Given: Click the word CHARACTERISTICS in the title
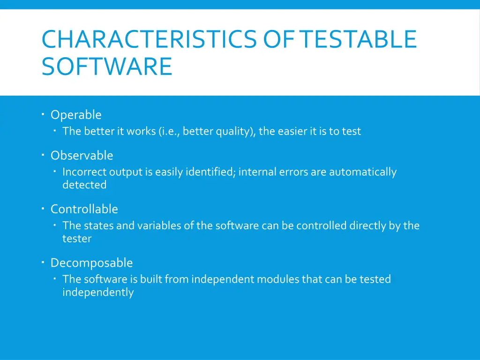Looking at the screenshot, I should point(150,39).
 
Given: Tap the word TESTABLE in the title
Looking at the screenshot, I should point(359,39).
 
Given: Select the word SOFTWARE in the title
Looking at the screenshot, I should point(107,66).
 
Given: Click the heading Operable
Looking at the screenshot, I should point(76,115).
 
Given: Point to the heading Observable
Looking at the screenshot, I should point(82,156).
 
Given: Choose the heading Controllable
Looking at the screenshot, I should point(84,209).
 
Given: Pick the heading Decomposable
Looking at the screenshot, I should point(91,263).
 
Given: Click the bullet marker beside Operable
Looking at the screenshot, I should point(43,114).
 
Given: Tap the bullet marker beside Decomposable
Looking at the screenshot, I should point(43,262).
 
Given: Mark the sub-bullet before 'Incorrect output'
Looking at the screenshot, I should point(55,172).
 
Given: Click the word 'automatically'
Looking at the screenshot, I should point(362,172).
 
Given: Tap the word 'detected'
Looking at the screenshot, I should point(84,185).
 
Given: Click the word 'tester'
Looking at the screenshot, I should point(77,239).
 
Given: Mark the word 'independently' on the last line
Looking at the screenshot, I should point(98,292).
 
